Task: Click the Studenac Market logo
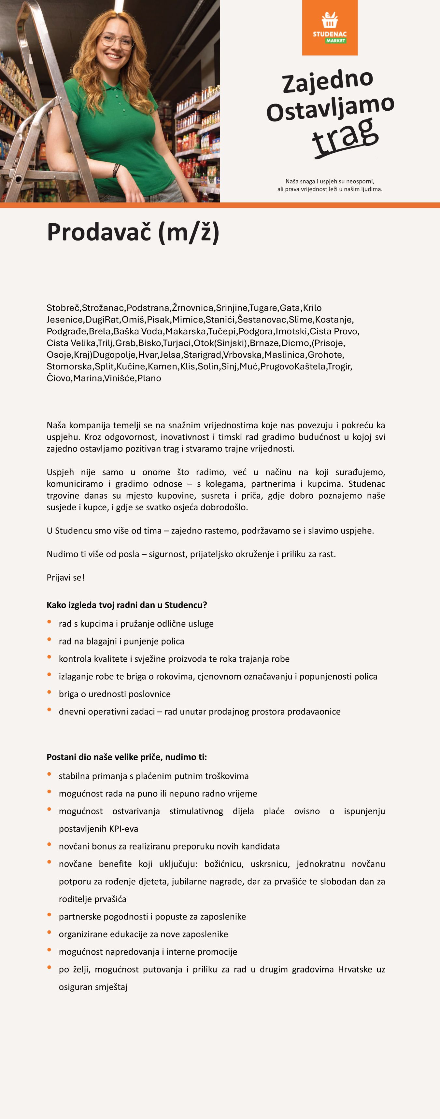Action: point(330,28)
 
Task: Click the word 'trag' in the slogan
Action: point(346,138)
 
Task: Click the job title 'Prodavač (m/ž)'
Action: point(133,232)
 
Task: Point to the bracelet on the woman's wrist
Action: point(116,170)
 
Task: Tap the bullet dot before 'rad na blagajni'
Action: point(50,640)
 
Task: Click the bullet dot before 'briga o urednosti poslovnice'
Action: point(50,692)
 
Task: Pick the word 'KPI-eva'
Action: point(123,828)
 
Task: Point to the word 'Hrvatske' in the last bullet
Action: point(355,969)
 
